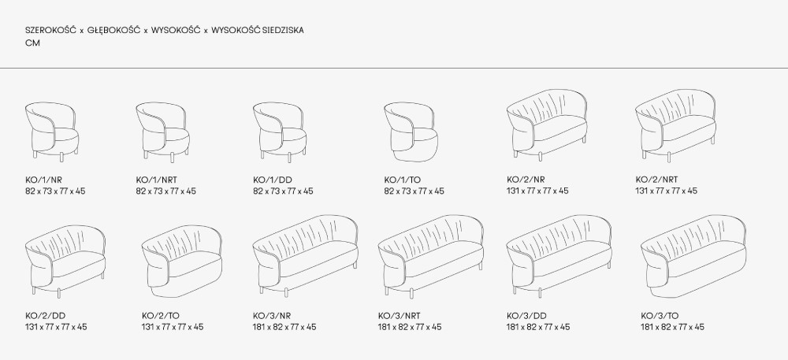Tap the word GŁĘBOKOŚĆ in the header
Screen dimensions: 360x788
tap(112, 30)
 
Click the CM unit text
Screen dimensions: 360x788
tap(32, 44)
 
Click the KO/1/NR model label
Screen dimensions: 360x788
tap(42, 180)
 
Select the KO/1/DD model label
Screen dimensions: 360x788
tap(269, 180)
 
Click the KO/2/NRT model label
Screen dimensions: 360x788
tap(656, 180)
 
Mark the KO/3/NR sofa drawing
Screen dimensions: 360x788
tap(307, 253)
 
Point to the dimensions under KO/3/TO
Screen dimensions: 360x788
tap(673, 327)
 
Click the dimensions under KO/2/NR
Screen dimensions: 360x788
tap(537, 191)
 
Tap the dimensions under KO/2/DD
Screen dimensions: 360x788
tap(56, 327)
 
